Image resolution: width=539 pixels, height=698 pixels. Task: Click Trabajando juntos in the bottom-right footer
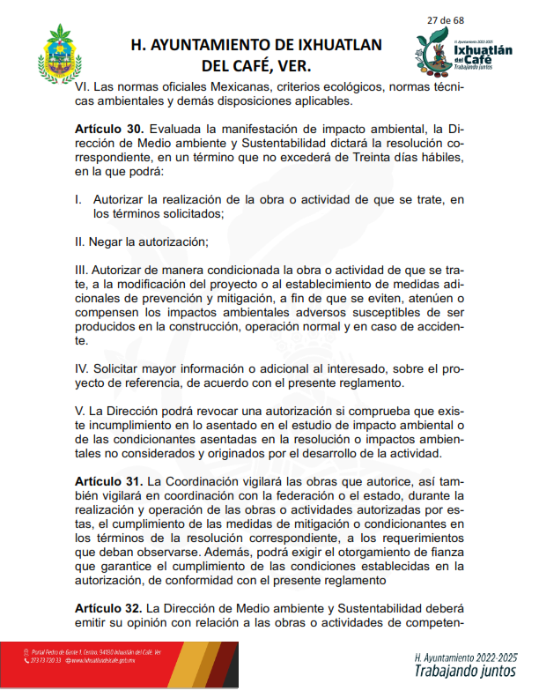[x=456, y=672]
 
